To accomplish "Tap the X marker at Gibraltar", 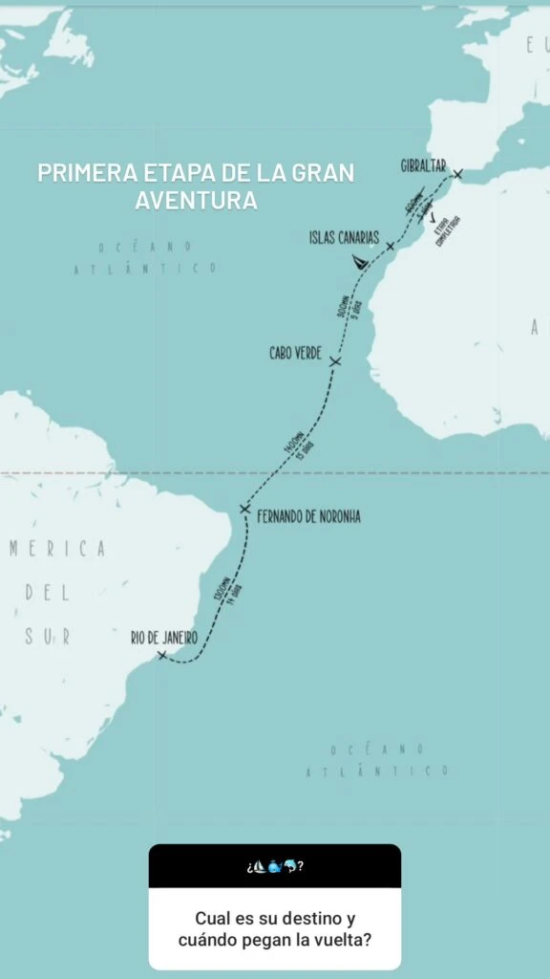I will click(x=458, y=174).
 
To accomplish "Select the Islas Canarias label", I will click(x=345, y=236).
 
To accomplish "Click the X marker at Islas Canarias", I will click(x=390, y=247).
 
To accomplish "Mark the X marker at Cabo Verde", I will click(x=335, y=361).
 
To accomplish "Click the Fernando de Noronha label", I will click(x=309, y=517).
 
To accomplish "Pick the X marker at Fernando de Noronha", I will click(x=245, y=510).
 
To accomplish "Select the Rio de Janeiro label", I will click(x=164, y=637).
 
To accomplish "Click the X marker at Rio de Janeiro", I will click(x=161, y=655).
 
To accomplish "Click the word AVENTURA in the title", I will click(x=196, y=201).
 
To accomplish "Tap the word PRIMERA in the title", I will click(x=81, y=174).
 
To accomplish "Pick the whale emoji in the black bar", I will click(x=275, y=867).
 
